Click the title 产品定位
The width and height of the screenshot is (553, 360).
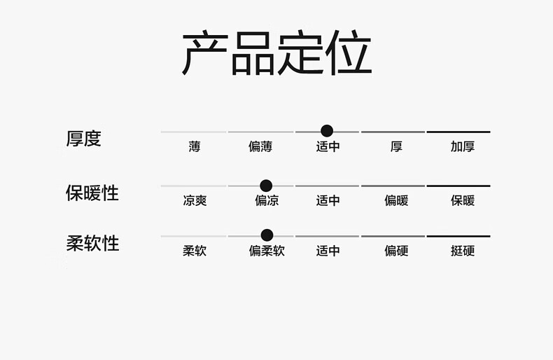[276, 54]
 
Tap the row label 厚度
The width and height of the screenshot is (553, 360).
[84, 139]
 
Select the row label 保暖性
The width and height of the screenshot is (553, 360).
[92, 193]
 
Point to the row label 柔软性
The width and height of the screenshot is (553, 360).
[92, 243]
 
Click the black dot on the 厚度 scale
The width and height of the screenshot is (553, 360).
[327, 130]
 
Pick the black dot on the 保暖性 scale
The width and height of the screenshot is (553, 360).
[266, 186]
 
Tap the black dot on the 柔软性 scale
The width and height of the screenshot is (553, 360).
[267, 235]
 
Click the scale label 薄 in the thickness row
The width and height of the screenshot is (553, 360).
[194, 147]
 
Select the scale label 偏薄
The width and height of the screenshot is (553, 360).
[260, 147]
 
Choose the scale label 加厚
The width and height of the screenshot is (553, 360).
[462, 147]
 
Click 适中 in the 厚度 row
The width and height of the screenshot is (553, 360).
[328, 147]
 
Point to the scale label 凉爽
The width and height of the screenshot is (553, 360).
[195, 201]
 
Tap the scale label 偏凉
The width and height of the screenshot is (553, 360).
[267, 201]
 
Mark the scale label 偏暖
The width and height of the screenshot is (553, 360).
[396, 201]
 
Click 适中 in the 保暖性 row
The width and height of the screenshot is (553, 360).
[328, 201]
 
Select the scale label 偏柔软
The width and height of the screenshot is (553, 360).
[267, 251]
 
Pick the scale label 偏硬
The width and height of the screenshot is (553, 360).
[396, 251]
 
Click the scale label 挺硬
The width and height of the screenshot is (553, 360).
[462, 251]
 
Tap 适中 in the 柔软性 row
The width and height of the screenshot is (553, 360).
[328, 251]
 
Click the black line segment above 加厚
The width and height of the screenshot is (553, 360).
[458, 132]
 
